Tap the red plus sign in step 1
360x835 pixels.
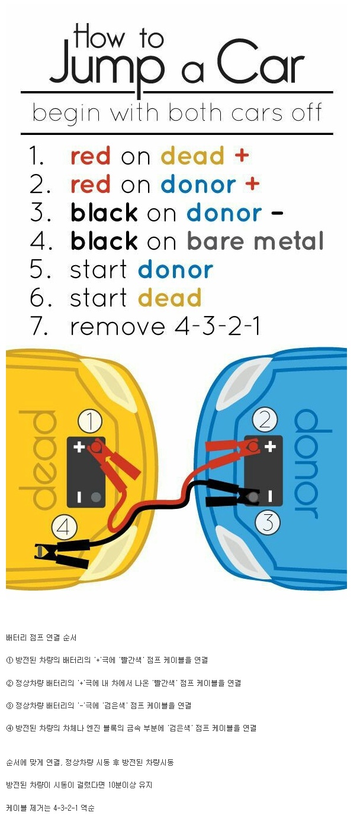pos(242,156)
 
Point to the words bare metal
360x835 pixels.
pos(256,241)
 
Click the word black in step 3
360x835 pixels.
pos(104,213)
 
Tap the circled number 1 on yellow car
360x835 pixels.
pos(89,423)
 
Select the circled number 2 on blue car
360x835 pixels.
pos(265,420)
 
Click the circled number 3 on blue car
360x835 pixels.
pos(268,523)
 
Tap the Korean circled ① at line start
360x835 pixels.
pos(9,660)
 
